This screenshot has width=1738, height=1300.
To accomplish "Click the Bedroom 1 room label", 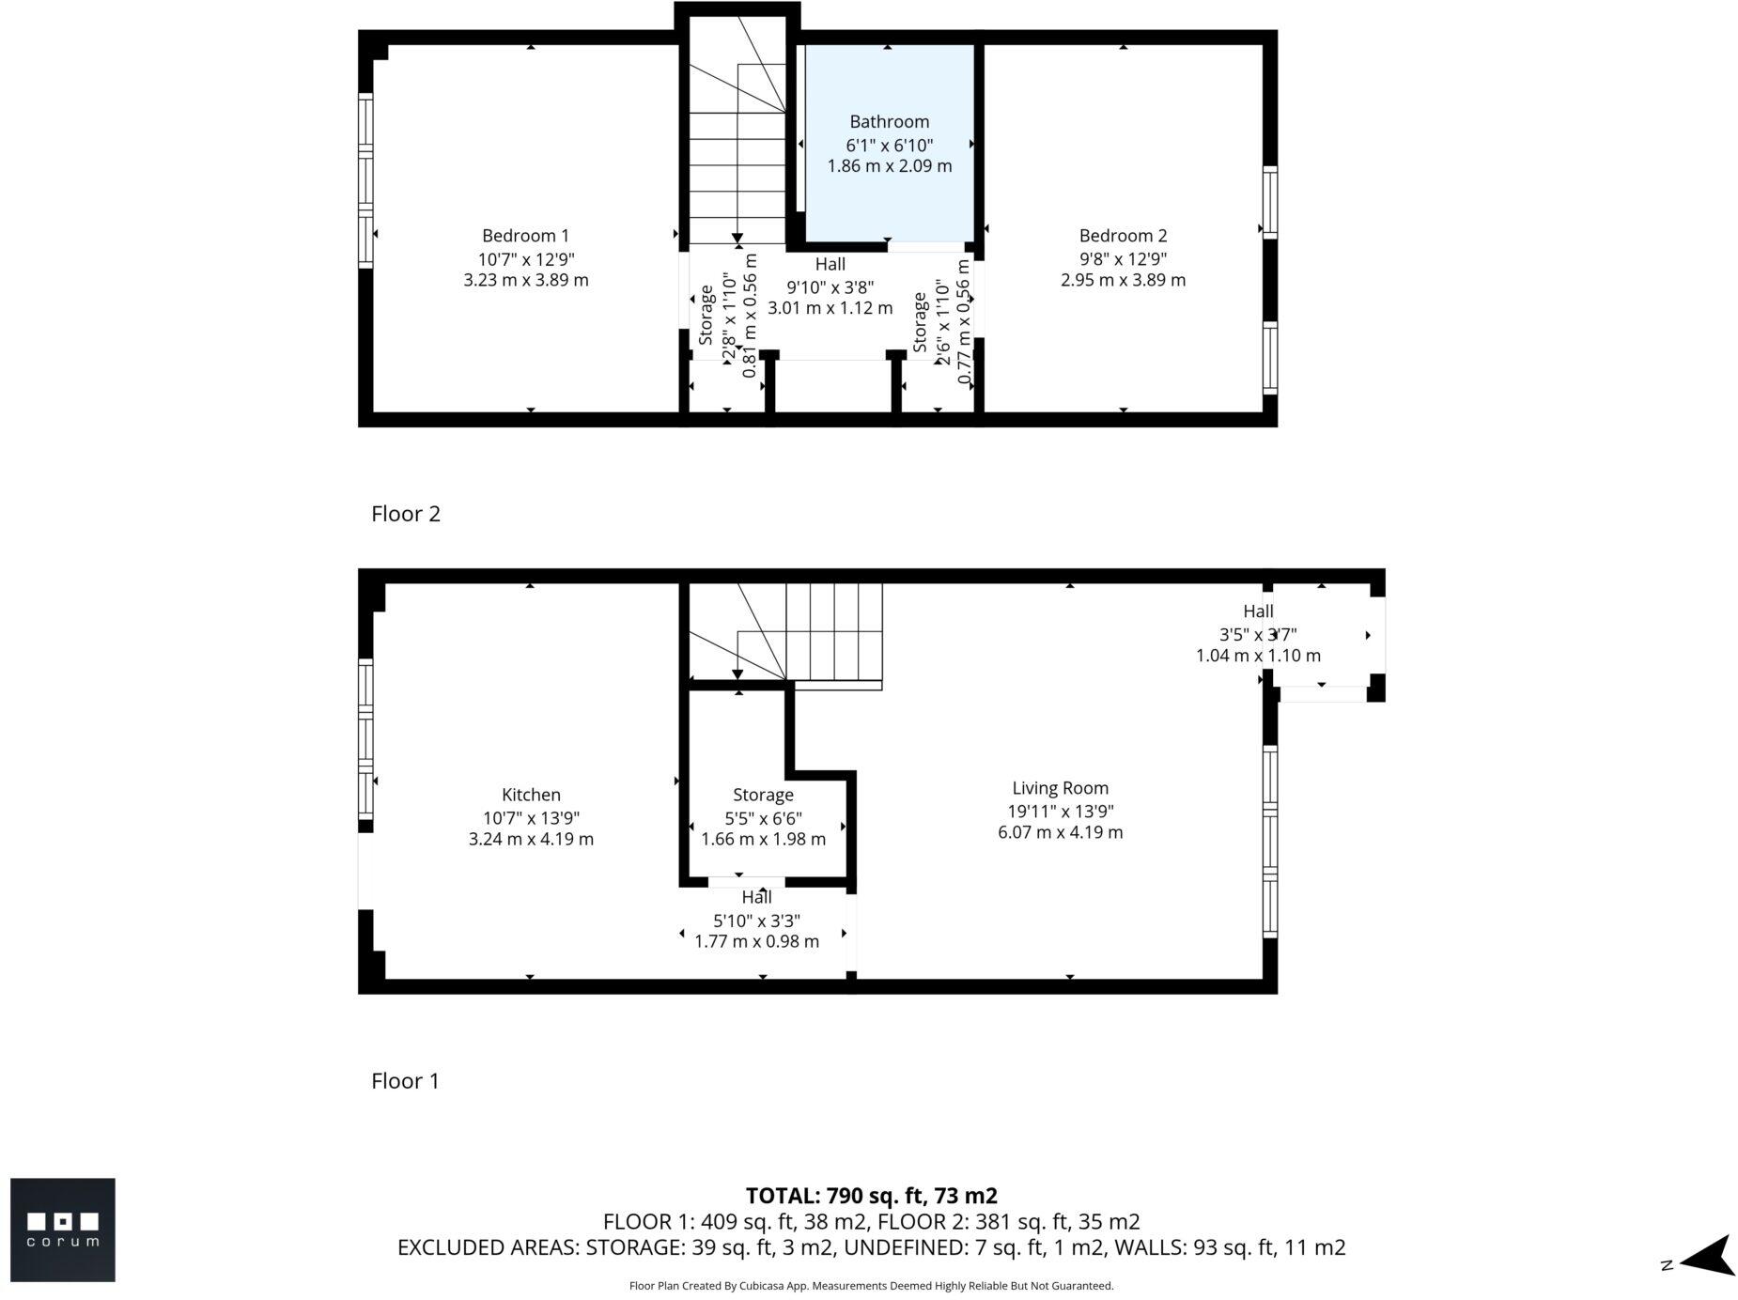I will (525, 236).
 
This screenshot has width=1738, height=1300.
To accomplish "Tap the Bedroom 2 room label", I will (1122, 236).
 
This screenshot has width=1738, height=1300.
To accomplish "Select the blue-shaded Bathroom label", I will (889, 121).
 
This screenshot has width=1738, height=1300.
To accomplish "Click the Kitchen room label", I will (531, 795).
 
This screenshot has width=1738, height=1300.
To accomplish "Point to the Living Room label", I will (1060, 788).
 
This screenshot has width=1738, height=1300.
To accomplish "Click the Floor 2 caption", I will (405, 514).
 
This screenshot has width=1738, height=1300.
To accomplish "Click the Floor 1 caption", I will (405, 1080).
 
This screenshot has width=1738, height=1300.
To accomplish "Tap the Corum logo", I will (63, 1229).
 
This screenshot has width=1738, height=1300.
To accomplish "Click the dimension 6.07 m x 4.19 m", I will (1060, 832).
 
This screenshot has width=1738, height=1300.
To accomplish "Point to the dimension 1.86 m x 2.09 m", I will (889, 166).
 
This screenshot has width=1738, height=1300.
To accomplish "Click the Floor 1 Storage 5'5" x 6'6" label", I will (763, 817).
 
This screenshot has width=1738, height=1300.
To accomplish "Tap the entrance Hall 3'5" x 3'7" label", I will (1257, 634).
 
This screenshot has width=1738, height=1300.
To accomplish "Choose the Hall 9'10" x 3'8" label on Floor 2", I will (830, 286).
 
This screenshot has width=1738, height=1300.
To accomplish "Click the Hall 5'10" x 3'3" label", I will (756, 921).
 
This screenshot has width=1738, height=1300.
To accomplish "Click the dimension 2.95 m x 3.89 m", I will (1122, 280).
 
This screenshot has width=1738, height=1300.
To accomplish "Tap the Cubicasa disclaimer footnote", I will (870, 1286).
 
